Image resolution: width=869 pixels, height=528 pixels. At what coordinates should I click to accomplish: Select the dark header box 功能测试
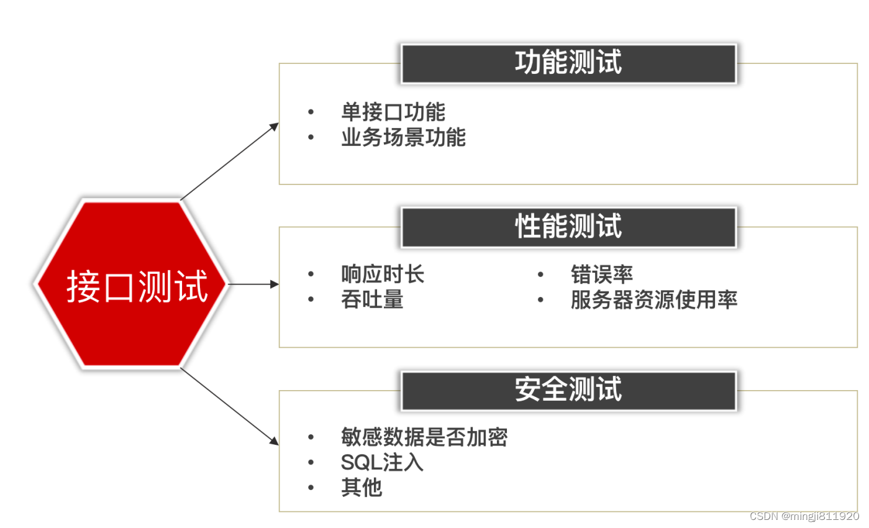[568, 63]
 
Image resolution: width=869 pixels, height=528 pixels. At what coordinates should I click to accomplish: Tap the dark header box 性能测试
[568, 227]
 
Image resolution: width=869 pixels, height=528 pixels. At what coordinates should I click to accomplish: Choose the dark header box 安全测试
[568, 391]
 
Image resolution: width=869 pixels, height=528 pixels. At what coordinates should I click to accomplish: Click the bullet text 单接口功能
[393, 112]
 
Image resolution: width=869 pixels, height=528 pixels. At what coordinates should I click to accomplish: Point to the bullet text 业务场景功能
[403, 137]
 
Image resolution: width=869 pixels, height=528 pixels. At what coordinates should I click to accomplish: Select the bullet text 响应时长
[383, 274]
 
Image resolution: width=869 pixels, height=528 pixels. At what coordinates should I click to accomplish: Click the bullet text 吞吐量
[372, 300]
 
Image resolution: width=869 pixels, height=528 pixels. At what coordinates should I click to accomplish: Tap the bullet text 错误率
[602, 274]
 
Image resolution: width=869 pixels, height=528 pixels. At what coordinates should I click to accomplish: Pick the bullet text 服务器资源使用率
[654, 300]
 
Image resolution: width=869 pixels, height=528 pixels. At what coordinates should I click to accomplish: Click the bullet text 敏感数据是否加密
[424, 437]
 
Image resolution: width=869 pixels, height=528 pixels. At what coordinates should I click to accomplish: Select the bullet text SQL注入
[382, 463]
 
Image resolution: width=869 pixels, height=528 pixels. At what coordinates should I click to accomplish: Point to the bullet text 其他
[362, 488]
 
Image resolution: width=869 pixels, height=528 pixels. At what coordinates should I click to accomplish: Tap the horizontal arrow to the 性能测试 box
[253, 284]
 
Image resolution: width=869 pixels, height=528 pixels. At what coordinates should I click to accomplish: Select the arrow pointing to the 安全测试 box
[230, 407]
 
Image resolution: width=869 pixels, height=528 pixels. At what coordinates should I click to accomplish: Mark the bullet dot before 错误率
[540, 274]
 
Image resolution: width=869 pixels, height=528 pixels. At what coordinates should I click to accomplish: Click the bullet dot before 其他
[311, 488]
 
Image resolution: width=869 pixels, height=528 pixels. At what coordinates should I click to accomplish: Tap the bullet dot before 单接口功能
[311, 112]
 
